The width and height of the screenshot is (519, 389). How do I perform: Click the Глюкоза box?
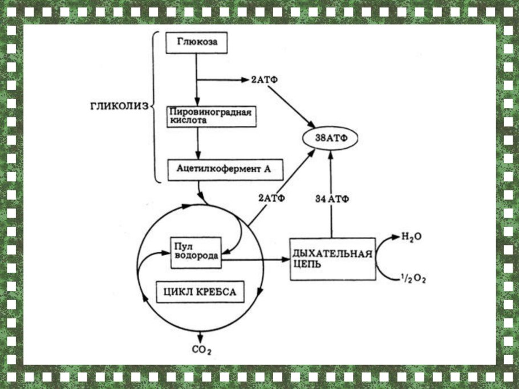(x=196, y=43)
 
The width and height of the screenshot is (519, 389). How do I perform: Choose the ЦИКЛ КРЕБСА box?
(x=196, y=292)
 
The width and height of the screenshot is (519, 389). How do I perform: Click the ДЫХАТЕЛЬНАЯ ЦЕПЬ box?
(x=333, y=258)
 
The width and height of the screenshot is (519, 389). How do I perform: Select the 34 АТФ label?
(x=332, y=198)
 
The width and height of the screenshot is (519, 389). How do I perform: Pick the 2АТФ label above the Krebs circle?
(x=271, y=198)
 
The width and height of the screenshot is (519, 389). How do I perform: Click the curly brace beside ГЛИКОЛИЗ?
(x=155, y=106)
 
